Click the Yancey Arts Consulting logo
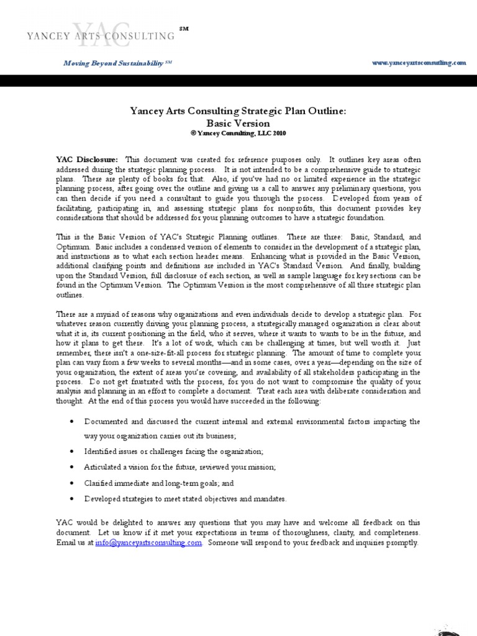100,35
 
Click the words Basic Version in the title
238,123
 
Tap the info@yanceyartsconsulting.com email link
149,542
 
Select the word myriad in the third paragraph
104,314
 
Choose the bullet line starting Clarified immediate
159,483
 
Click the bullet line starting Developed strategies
186,499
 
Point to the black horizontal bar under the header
238,81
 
